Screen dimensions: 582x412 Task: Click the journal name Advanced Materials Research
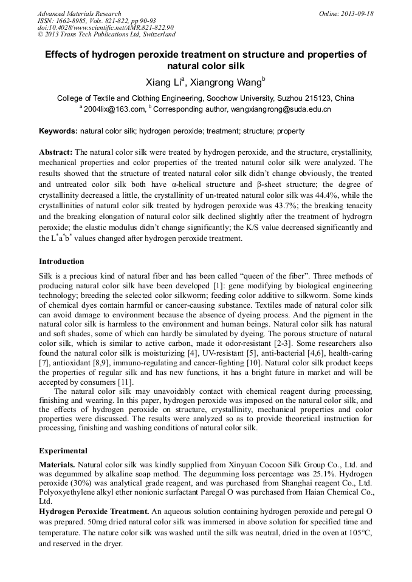[79, 13]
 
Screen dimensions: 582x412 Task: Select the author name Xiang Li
[163, 82]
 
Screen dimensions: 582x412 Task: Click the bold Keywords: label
[58, 131]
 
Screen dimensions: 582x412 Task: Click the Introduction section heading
[61, 262]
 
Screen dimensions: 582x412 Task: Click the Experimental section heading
[63, 451]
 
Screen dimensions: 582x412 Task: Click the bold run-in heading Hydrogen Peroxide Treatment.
[94, 512]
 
